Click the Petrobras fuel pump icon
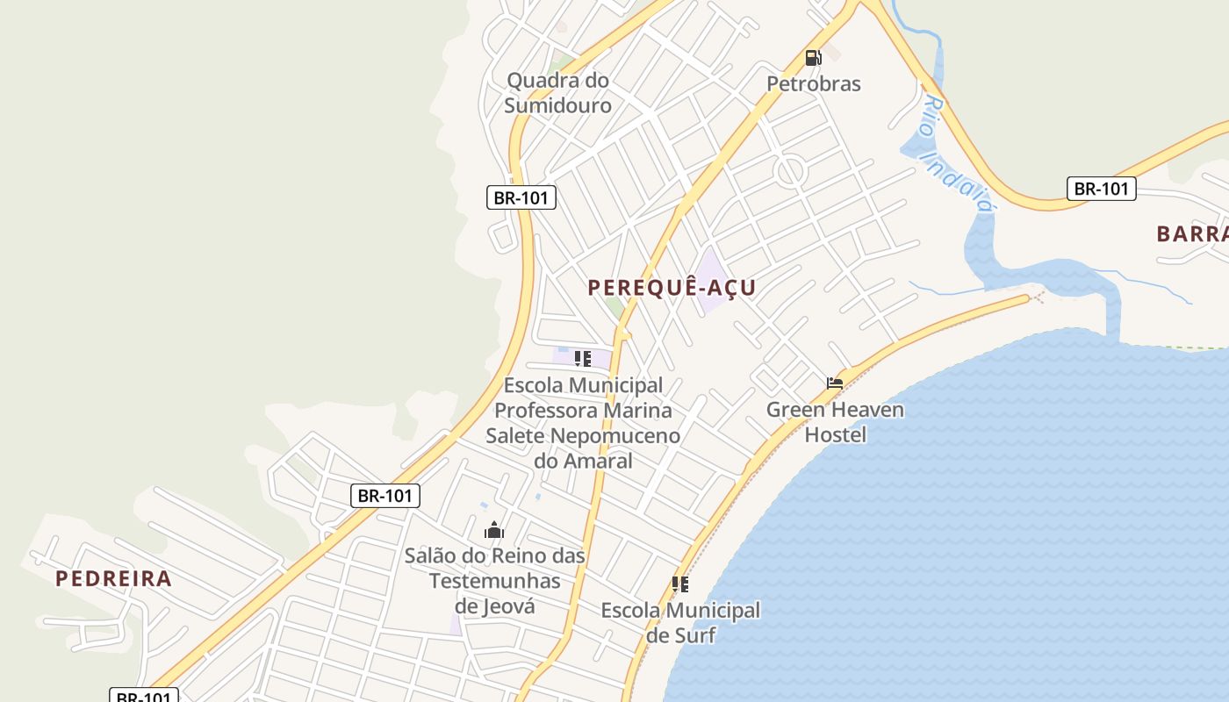(x=813, y=58)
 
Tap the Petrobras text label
(x=814, y=84)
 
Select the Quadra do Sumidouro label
(x=558, y=92)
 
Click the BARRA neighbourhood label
(x=1192, y=234)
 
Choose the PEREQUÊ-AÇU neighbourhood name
(x=672, y=288)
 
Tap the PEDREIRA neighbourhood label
(x=113, y=579)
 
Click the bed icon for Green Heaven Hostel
(x=834, y=383)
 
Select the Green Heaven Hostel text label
(x=835, y=422)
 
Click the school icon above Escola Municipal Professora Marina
(x=582, y=358)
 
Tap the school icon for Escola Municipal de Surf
(x=679, y=584)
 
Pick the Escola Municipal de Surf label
(x=680, y=622)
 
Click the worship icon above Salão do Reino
(x=494, y=530)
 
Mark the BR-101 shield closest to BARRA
(x=1101, y=189)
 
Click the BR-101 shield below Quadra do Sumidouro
(x=521, y=197)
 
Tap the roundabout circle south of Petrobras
(x=790, y=170)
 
